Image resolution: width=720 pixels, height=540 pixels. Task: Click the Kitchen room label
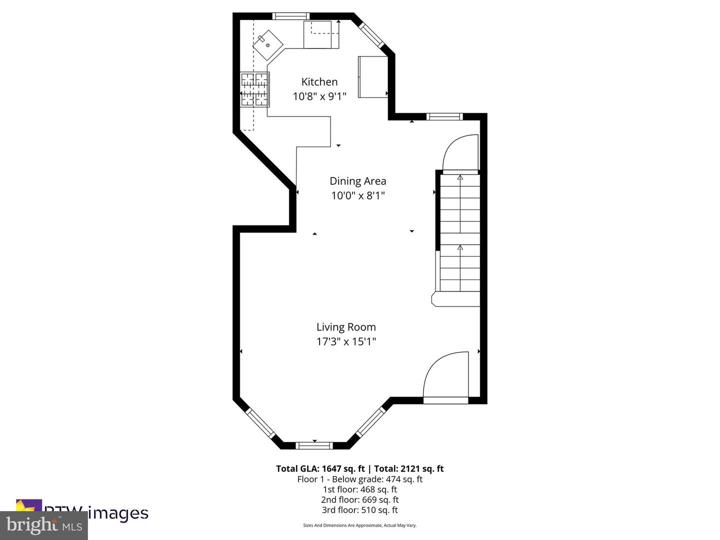tap(319, 82)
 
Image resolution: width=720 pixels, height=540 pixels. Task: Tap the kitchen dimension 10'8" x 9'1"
tap(319, 96)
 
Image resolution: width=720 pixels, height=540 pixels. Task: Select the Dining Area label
tap(357, 181)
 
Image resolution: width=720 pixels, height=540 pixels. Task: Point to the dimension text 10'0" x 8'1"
tap(357, 195)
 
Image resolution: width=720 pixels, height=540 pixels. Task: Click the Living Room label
tap(346, 327)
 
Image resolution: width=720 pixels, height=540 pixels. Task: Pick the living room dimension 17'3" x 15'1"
tap(346, 341)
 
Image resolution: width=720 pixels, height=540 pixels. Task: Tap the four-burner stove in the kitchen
tap(255, 89)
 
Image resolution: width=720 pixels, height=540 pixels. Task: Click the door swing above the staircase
tap(460, 153)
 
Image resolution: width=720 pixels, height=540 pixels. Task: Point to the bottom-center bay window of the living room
tap(314, 445)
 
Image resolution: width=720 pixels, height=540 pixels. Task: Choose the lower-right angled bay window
tap(371, 421)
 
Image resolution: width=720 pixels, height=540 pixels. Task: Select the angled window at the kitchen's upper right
tap(371, 33)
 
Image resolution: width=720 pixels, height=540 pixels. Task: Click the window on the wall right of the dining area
tap(444, 117)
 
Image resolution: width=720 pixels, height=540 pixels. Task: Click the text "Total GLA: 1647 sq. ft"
tap(320, 468)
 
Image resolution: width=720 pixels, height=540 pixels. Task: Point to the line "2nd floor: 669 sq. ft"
tap(359, 499)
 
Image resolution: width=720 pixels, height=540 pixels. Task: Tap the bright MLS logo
tap(44, 525)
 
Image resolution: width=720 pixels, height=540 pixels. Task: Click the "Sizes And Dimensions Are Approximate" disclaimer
tap(359, 525)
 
